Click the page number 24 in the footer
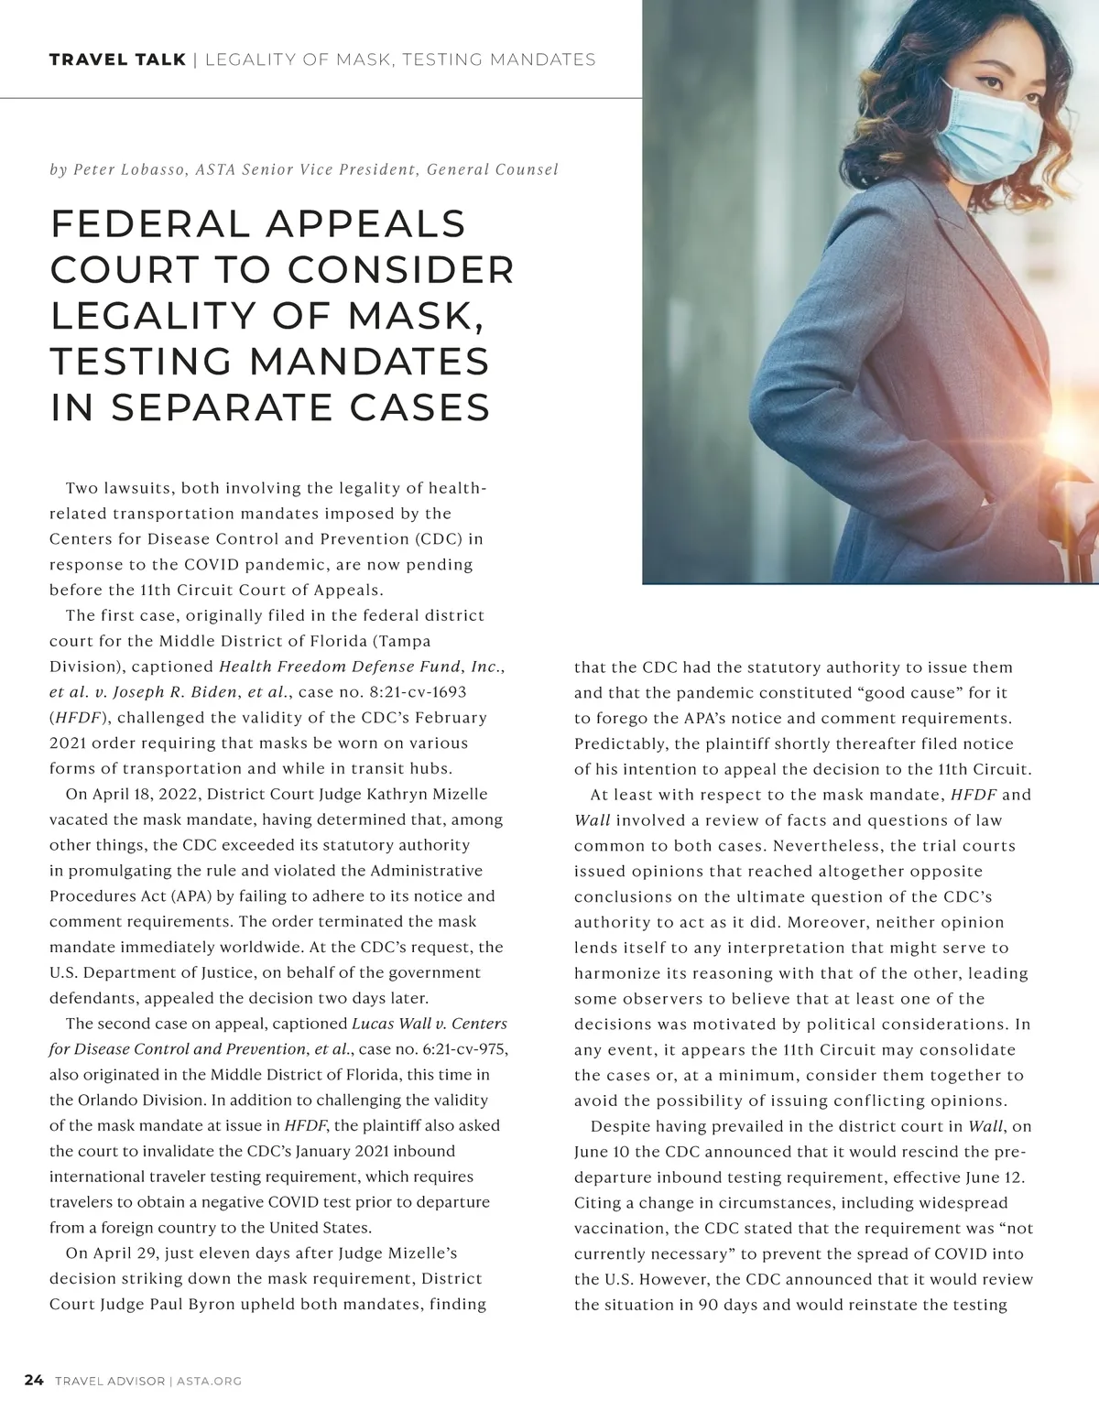tap(34, 1381)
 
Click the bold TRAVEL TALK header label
tap(117, 60)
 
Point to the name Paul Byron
tap(192, 1304)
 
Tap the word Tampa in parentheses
tap(403, 641)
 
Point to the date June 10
tap(604, 1152)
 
